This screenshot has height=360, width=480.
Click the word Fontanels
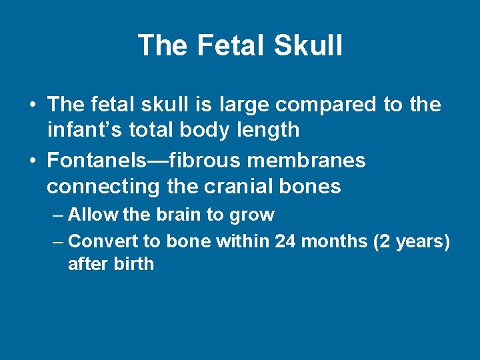pyautogui.click(x=103, y=161)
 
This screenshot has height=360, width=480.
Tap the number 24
pyautogui.click(x=285, y=241)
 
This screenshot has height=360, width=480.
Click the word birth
pyautogui.click(x=134, y=263)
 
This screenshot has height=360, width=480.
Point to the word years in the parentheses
pyautogui.click(x=419, y=241)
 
